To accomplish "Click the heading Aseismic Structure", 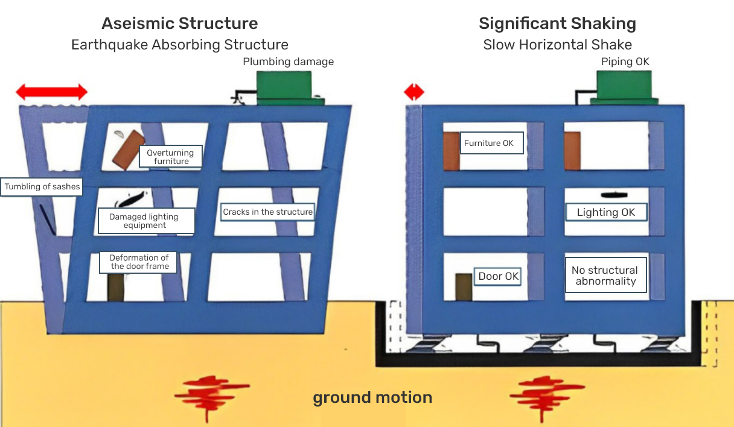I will pyautogui.click(x=180, y=24).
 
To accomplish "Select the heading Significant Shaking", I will pyautogui.click(x=557, y=24).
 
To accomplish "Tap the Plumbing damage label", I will pyautogui.click(x=288, y=62).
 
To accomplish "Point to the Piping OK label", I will pyautogui.click(x=625, y=62).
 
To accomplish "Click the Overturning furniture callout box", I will pyautogui.click(x=171, y=157).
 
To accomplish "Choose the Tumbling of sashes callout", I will pyautogui.click(x=42, y=187).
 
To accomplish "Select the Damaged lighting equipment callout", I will pyautogui.click(x=146, y=221).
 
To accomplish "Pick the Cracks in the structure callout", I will pyautogui.click(x=267, y=212).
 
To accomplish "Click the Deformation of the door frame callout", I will pyautogui.click(x=139, y=262).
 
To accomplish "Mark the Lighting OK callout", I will pyautogui.click(x=606, y=212).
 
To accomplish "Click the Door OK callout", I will pyautogui.click(x=498, y=276).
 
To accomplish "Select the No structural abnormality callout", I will pyautogui.click(x=605, y=276).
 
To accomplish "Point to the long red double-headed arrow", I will pyautogui.click(x=51, y=92).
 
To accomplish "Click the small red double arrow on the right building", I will pyautogui.click(x=414, y=92).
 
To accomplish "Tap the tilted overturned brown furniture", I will pyautogui.click(x=127, y=149).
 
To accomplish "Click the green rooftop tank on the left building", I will pyautogui.click(x=284, y=88).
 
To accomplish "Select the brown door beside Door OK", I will pyautogui.click(x=464, y=287).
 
